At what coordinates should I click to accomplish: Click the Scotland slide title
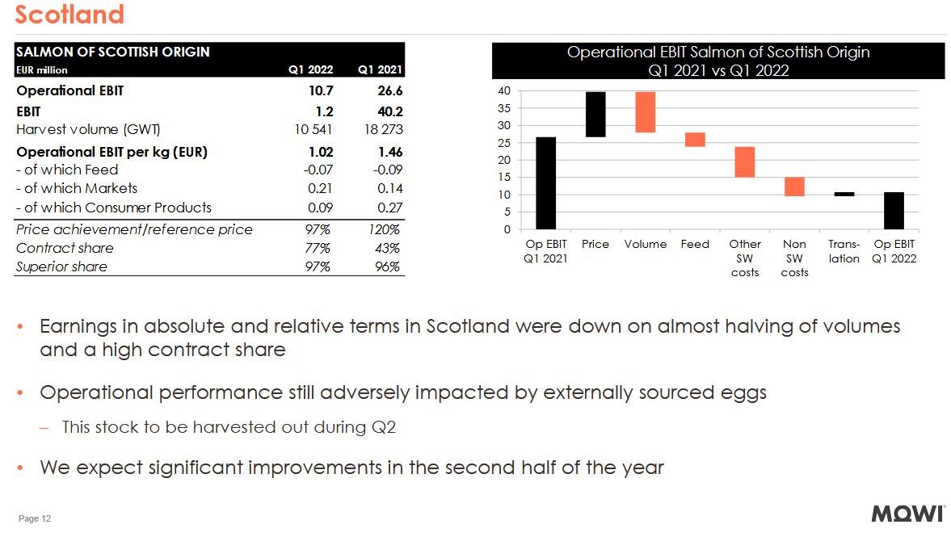[x=69, y=15]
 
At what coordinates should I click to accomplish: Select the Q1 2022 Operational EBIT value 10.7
[x=321, y=90]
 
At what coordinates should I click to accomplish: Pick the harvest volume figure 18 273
[x=382, y=129]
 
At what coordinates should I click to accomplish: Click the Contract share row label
[x=65, y=248]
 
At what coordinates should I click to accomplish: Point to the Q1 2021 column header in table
[x=380, y=69]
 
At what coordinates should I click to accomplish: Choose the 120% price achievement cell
[x=385, y=229]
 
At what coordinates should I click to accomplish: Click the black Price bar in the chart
[x=595, y=114]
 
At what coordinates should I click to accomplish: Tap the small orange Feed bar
[x=695, y=140]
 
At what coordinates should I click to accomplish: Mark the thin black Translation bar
[x=844, y=194]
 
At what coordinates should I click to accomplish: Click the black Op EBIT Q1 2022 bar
[x=894, y=210]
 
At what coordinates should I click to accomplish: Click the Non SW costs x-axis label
[x=794, y=258]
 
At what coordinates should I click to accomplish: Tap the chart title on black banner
[x=718, y=61]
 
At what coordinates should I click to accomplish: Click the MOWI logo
[x=908, y=514]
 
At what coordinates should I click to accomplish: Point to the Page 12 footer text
[x=35, y=518]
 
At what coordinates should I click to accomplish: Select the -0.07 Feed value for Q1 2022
[x=318, y=170]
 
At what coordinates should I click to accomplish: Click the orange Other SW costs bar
[x=744, y=162]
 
